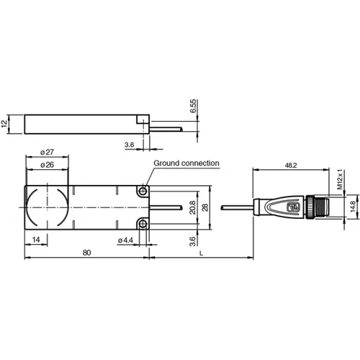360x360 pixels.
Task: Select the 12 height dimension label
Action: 6,124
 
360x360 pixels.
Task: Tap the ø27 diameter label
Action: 48,152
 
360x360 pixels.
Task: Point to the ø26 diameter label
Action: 48,165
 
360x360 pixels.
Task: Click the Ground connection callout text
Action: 186,164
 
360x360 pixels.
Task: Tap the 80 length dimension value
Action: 86,253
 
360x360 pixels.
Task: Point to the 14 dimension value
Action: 35,239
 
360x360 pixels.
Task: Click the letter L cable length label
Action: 199,253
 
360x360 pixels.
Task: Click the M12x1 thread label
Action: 339,181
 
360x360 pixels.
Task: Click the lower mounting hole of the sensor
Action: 144,225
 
